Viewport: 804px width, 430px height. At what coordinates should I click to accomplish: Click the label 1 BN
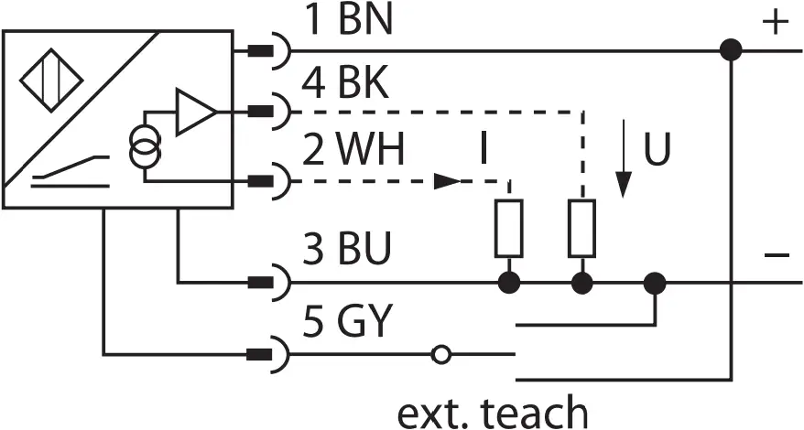coord(347,20)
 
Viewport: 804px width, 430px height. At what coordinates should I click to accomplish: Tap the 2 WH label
coord(353,152)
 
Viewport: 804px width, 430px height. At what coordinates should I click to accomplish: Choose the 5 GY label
coord(348,322)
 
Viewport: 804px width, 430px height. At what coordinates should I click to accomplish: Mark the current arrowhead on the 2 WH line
coord(447,181)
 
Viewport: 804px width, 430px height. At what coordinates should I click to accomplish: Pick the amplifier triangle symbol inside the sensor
coord(195,113)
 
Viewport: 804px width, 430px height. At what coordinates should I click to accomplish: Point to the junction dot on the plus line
coord(730,50)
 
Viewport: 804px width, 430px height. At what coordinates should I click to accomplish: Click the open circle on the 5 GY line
coord(440,353)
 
